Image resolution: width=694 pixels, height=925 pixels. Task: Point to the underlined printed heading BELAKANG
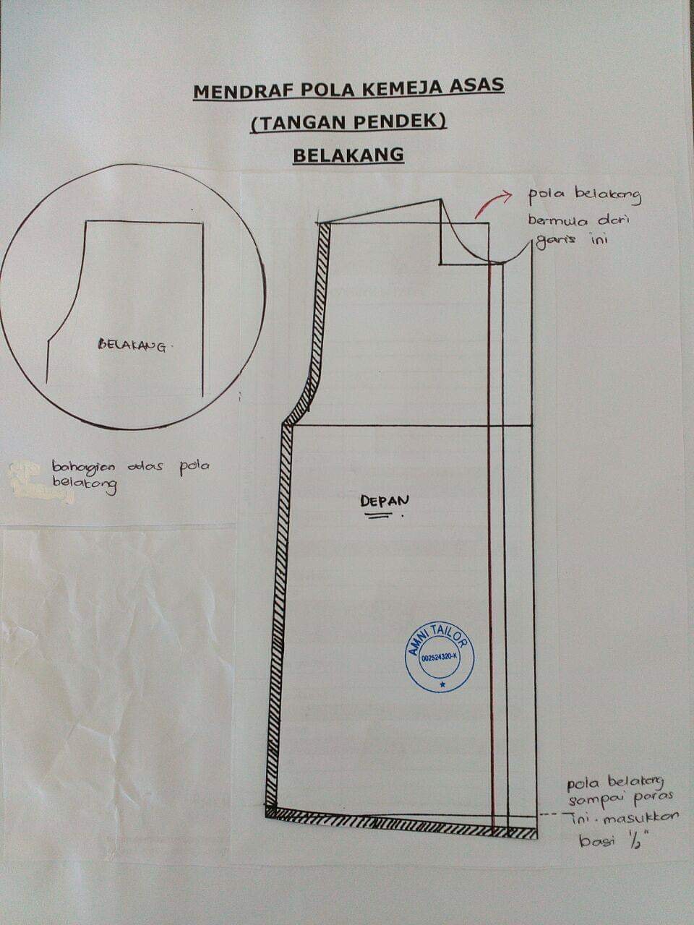348,155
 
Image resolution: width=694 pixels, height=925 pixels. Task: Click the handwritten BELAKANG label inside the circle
132,345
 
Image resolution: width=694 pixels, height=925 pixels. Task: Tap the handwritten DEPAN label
385,501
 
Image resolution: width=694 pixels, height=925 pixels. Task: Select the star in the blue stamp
442,685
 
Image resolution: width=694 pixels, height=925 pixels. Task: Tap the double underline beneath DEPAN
380,515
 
